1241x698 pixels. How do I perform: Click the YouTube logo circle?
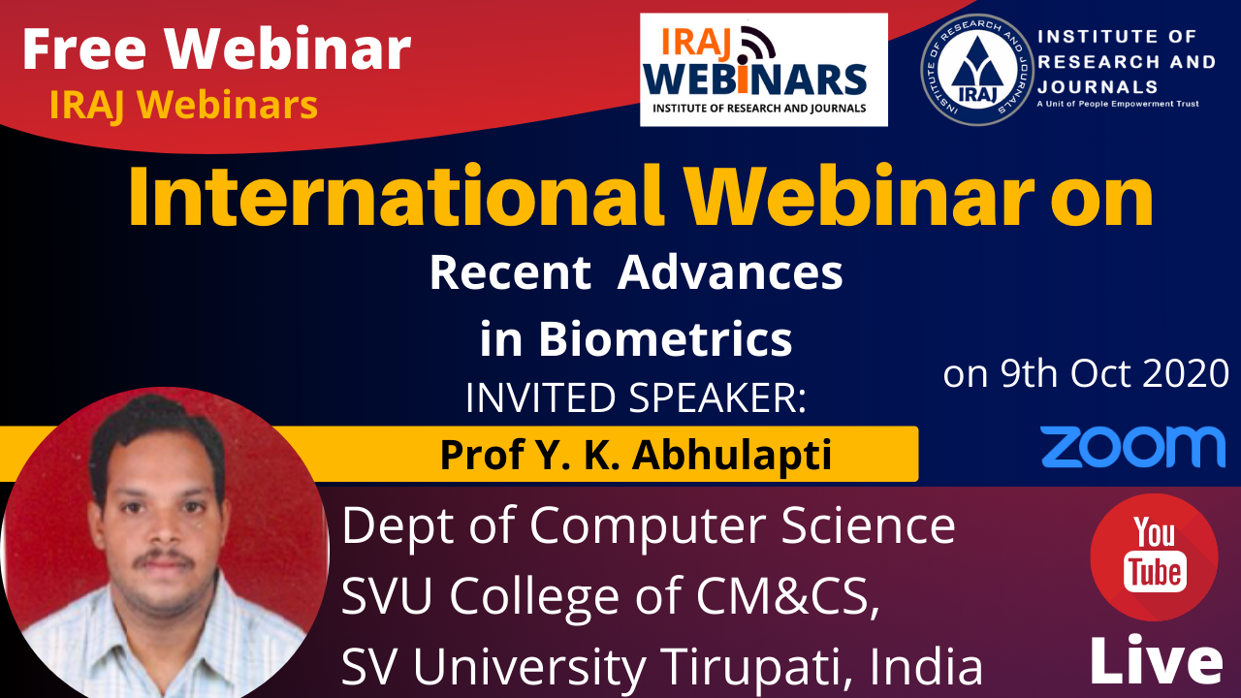tap(1154, 557)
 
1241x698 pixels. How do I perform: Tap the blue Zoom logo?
tap(1132, 447)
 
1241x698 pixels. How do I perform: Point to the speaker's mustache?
tap(165, 558)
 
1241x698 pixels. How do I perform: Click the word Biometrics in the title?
tap(665, 338)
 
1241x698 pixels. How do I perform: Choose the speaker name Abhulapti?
tap(732, 455)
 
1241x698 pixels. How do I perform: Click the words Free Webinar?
tap(216, 48)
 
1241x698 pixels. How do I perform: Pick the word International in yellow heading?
tap(397, 197)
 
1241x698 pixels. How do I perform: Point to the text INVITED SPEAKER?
tap(635, 397)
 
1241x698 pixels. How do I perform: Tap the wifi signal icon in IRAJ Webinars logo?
tap(755, 43)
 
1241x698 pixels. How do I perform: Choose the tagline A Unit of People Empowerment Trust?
tap(1118, 104)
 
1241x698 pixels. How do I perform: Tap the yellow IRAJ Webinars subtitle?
tap(183, 104)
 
